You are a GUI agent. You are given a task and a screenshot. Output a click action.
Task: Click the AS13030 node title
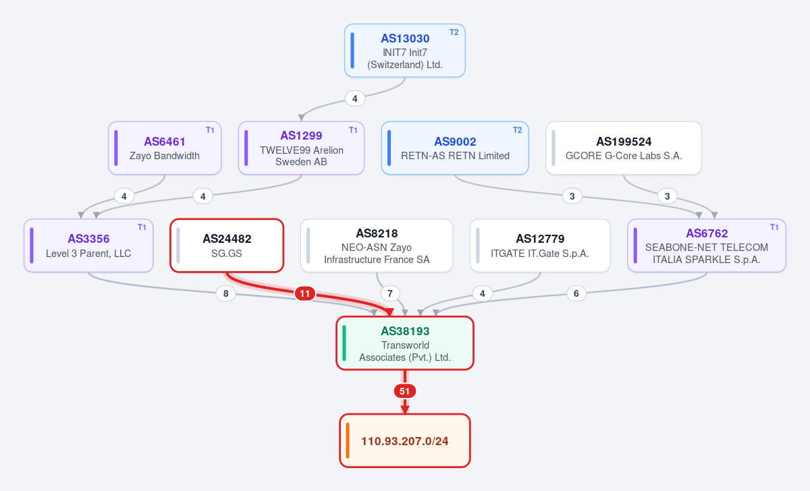[x=405, y=38]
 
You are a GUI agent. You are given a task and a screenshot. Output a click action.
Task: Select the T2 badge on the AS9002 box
[x=517, y=130]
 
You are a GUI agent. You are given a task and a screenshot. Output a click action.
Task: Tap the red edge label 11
[x=305, y=293]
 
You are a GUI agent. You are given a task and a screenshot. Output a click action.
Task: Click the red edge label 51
[x=404, y=391]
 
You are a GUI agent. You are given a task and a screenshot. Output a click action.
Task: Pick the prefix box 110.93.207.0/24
[x=405, y=441]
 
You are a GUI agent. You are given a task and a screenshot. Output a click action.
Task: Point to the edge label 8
[x=225, y=293]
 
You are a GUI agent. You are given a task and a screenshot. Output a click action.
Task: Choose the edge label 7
[x=390, y=293]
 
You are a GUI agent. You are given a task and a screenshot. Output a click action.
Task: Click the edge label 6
[x=576, y=293]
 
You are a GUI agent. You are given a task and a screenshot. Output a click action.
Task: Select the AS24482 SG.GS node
[x=227, y=246]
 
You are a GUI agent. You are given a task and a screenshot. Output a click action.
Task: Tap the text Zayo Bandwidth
[x=165, y=156]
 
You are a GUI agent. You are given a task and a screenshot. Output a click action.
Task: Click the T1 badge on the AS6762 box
[x=774, y=227]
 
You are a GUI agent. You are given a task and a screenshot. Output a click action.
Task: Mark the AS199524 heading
[x=624, y=142]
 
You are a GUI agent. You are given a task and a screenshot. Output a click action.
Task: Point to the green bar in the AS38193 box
[x=344, y=343]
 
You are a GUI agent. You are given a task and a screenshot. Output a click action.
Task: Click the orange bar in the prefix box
[x=348, y=440]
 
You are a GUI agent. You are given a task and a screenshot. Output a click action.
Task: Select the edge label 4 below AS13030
[x=355, y=98]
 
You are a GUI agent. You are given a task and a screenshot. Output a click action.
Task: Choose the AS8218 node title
[x=377, y=233]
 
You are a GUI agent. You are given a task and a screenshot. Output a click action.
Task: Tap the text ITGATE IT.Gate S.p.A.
[x=540, y=254]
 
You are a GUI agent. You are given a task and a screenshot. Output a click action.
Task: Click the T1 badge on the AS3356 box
[x=142, y=227]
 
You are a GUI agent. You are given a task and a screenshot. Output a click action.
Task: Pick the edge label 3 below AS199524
[x=667, y=196]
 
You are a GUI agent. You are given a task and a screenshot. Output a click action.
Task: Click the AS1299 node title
[x=301, y=136]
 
